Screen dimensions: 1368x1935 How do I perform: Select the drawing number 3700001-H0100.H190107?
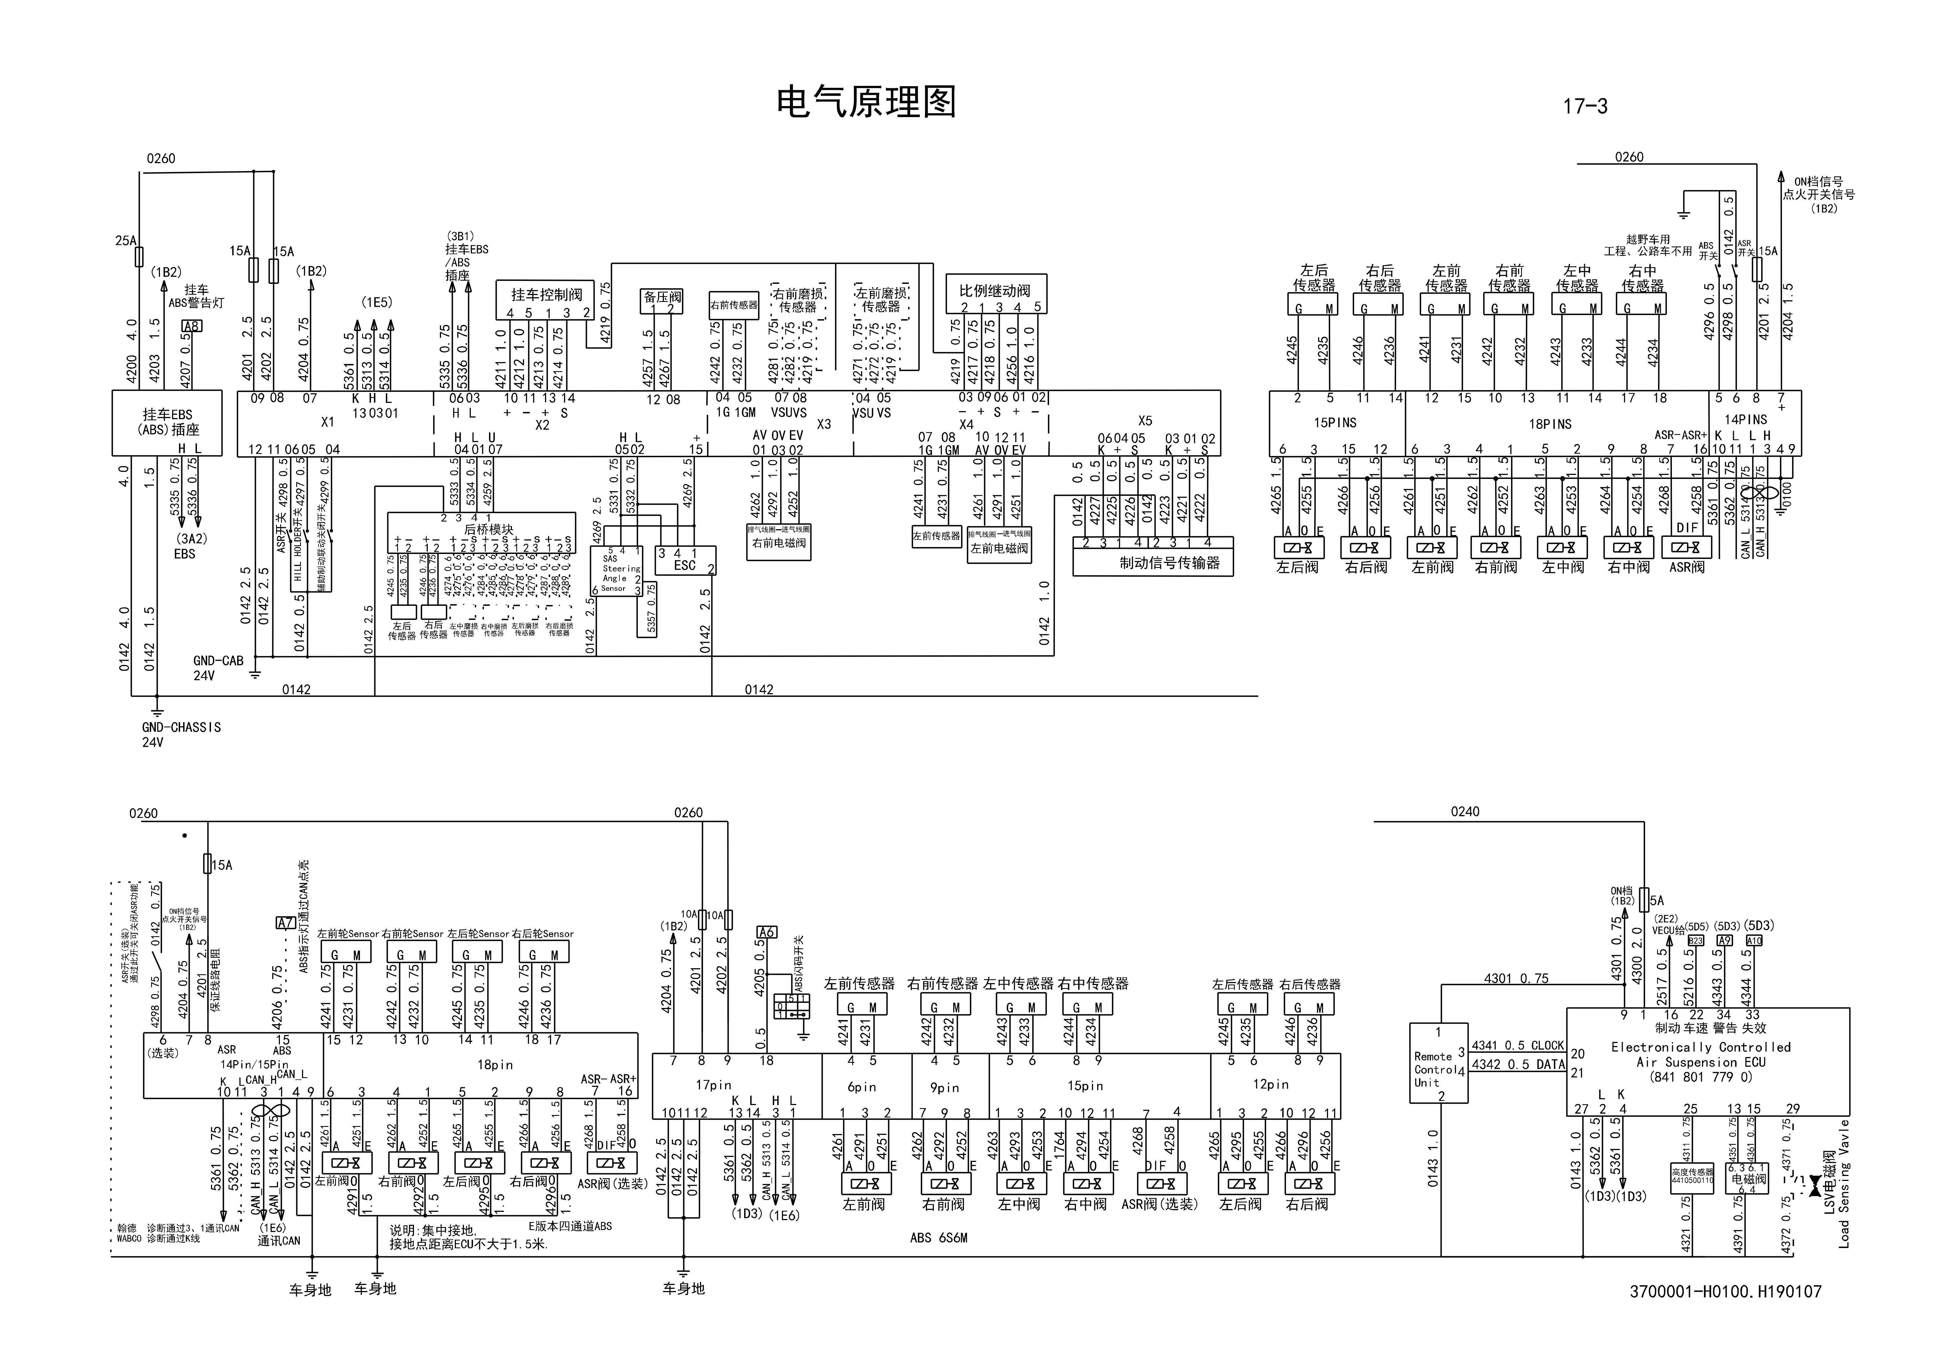(1725, 1291)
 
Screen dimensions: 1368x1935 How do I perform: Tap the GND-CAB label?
(217, 661)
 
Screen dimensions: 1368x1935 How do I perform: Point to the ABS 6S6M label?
(938, 1237)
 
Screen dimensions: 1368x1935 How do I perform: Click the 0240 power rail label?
(1465, 812)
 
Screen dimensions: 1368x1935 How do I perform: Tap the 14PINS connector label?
(1745, 419)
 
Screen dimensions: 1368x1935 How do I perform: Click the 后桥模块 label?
(489, 529)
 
